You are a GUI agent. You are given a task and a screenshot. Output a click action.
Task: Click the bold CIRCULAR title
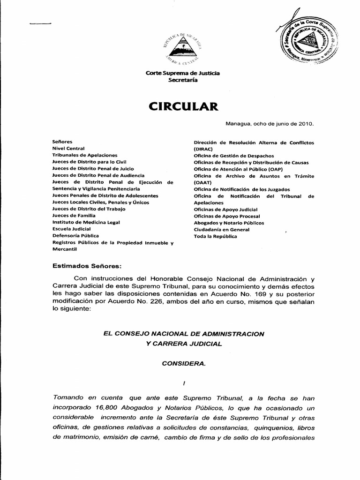coord(183,106)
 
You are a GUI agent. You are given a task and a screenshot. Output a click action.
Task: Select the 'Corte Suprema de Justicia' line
coord(183,73)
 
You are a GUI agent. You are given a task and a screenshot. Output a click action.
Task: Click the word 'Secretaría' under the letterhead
coord(183,80)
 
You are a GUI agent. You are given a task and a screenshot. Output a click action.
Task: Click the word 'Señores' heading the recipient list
coord(62,141)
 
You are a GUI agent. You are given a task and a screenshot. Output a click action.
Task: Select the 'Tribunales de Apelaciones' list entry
coord(85,155)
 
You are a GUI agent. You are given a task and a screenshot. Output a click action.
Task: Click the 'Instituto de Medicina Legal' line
coord(86,222)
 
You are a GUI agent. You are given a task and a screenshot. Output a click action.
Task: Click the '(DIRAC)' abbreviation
coord(204,148)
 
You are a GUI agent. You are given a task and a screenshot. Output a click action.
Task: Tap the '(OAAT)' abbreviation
coord(203,182)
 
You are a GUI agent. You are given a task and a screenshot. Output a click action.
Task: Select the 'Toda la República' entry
coord(215,236)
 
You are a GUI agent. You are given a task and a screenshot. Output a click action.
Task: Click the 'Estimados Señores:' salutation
coord(87,266)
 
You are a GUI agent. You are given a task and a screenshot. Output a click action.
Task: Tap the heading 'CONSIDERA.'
coord(183,363)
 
